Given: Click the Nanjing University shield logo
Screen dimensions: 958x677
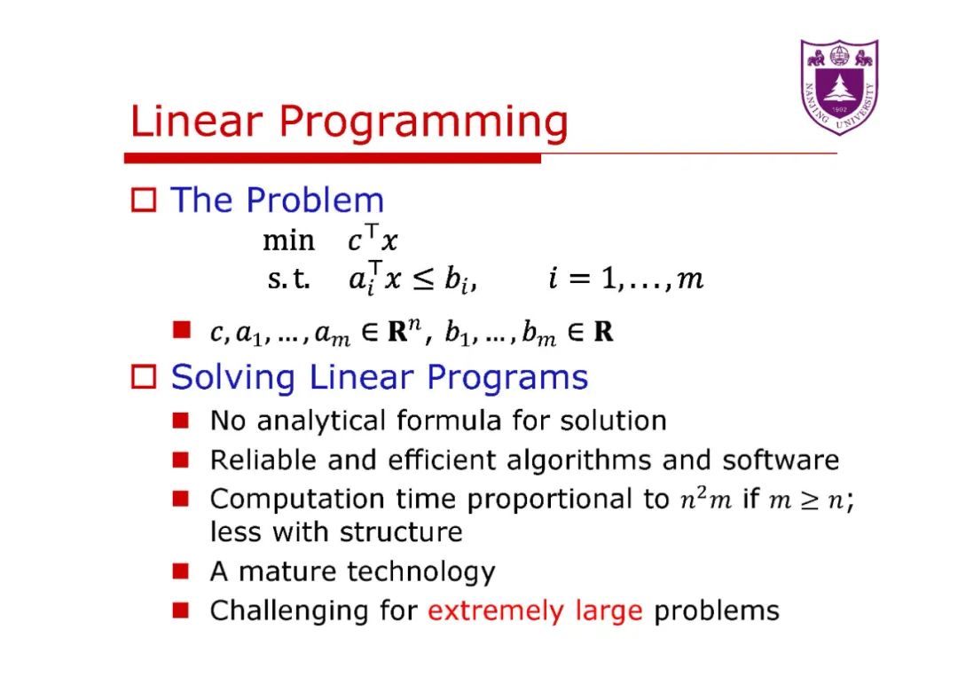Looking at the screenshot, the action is pyautogui.click(x=839, y=87).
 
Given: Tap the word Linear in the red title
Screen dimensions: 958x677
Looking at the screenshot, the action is pyautogui.click(x=197, y=121).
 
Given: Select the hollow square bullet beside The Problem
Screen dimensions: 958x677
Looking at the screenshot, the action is pyautogui.click(x=144, y=200).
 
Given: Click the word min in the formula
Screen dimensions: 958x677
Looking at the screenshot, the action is pyautogui.click(x=288, y=240).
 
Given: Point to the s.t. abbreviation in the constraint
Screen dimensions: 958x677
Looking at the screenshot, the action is pyautogui.click(x=288, y=279).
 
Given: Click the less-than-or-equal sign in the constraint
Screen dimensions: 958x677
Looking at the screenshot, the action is pyautogui.click(x=423, y=279).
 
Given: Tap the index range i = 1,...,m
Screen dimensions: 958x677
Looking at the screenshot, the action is pyautogui.click(x=625, y=279).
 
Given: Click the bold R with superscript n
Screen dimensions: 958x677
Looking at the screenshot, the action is pyautogui.click(x=404, y=330).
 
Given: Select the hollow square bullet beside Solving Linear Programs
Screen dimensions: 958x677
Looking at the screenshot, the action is pyautogui.click(x=144, y=376).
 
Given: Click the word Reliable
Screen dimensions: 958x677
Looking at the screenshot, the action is pyautogui.click(x=263, y=461).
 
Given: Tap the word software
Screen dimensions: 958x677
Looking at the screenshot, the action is pyautogui.click(x=781, y=461).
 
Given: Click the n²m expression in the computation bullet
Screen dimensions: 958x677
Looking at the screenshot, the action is pyautogui.click(x=706, y=500).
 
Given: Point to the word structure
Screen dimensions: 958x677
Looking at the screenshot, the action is pyautogui.click(x=401, y=531).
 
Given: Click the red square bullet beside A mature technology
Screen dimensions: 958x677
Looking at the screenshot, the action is pyautogui.click(x=181, y=571).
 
